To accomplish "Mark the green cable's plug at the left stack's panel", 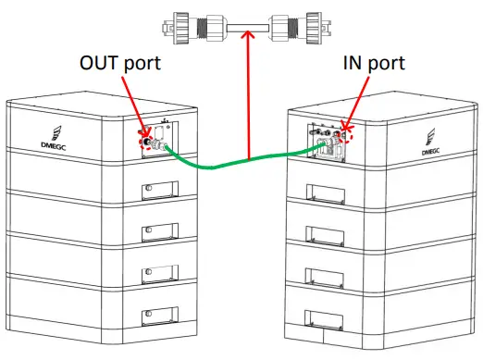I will [158, 147].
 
